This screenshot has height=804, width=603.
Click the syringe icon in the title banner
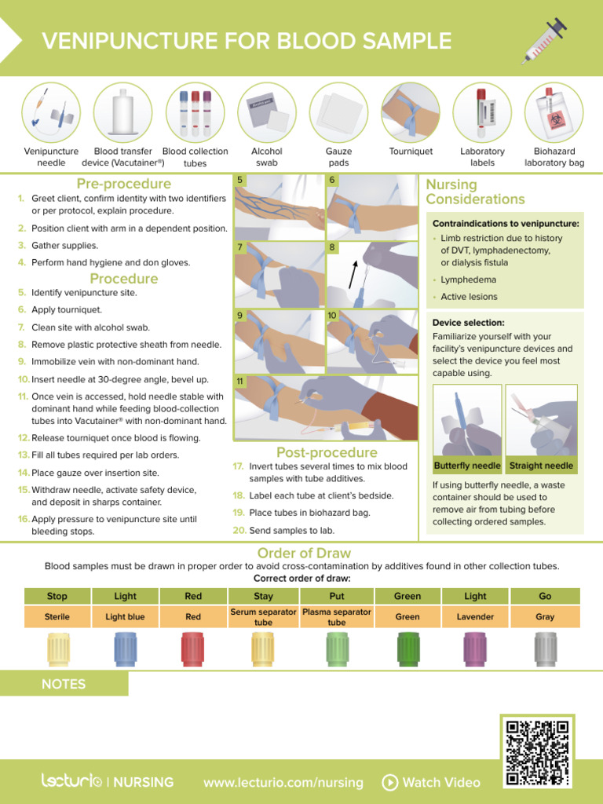click(544, 41)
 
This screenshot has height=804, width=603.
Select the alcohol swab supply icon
click(266, 111)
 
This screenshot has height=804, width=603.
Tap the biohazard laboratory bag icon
click(554, 111)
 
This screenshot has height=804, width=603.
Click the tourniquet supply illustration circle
click(411, 111)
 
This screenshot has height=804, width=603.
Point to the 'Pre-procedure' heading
click(123, 184)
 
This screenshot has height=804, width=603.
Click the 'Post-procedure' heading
click(327, 452)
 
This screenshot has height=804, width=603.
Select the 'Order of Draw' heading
click(304, 553)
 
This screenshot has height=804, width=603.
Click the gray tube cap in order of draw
click(545, 649)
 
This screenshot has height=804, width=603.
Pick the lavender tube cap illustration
click(475, 649)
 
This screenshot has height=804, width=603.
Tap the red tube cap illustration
click(193, 649)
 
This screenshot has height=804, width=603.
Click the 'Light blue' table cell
click(125, 617)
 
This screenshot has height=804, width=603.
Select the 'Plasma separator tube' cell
click(337, 617)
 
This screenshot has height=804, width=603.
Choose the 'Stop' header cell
click(57, 596)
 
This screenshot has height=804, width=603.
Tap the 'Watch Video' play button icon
click(389, 782)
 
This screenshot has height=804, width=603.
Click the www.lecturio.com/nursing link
click(283, 782)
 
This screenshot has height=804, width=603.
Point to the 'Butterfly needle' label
click(468, 466)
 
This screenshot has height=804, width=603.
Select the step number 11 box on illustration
click(240, 381)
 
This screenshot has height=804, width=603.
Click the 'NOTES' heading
click(64, 684)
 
